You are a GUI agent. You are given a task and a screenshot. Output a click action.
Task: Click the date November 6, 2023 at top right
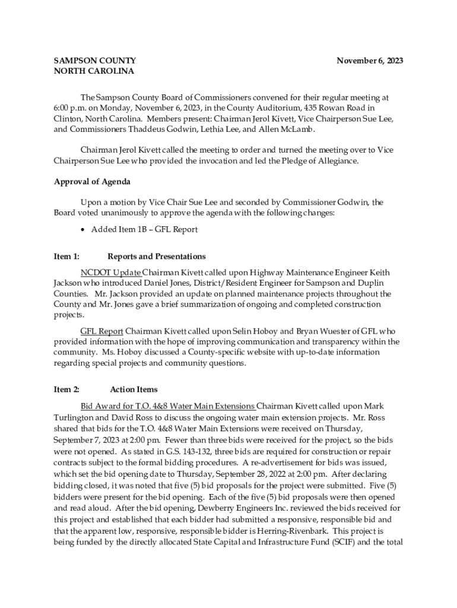point(370,61)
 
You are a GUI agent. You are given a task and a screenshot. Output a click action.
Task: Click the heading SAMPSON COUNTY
point(95,61)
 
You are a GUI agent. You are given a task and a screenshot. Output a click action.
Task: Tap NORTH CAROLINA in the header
point(94,71)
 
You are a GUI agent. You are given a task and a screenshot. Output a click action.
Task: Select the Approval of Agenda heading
point(92,182)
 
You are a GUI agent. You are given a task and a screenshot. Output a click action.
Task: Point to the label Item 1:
point(66,256)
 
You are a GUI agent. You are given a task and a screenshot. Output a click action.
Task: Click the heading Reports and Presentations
point(157,256)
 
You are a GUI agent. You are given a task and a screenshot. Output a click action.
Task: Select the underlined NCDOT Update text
point(110,273)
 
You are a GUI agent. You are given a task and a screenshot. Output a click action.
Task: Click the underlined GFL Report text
point(102,331)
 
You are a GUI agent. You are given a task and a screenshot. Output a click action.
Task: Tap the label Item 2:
point(66,389)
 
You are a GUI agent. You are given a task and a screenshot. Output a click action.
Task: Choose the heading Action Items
point(134,389)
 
